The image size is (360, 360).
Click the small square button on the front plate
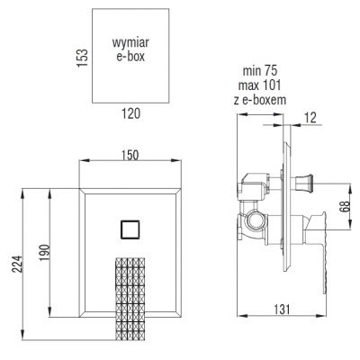[129, 229]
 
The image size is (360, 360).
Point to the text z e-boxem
[265, 100]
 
